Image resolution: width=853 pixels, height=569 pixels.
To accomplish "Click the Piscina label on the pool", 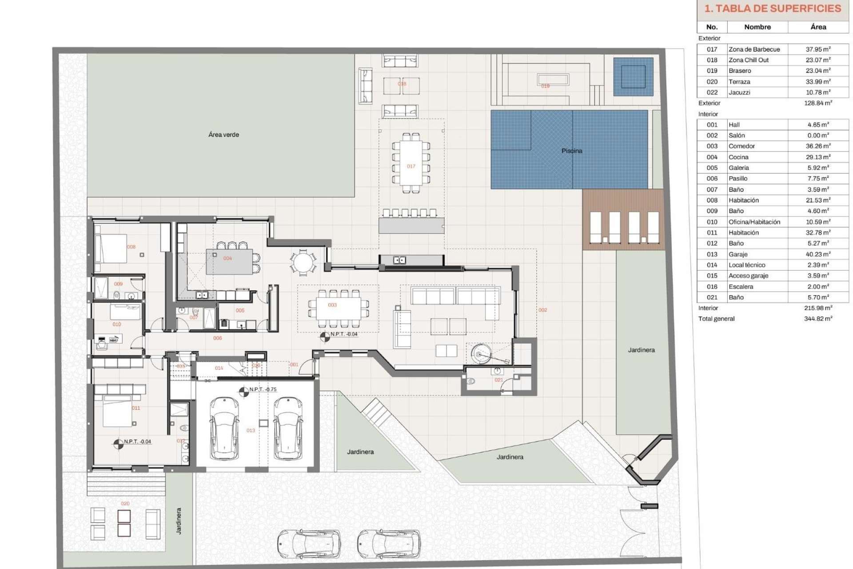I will (571, 151).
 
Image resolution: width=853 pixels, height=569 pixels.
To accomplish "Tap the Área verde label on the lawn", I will (223, 134).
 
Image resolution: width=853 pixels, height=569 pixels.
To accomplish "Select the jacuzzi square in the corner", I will (633, 76).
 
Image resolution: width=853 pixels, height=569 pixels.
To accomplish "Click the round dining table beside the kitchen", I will (303, 262).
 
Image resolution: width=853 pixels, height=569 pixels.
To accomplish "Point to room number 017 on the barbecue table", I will (411, 166).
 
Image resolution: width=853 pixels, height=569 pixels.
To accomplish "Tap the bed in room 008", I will (111, 249).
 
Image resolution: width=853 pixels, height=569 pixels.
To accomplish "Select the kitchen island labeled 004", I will (229, 262).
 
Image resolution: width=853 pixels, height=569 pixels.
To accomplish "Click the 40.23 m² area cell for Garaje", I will (817, 254).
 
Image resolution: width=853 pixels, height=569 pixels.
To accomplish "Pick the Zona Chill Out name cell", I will (749, 60).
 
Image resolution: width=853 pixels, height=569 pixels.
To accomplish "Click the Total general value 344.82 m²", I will (817, 319).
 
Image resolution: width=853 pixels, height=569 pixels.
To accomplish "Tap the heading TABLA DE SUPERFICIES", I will (773, 8).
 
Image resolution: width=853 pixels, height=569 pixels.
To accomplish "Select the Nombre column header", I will (757, 27).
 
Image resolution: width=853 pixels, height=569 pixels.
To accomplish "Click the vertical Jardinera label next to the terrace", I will (179, 521).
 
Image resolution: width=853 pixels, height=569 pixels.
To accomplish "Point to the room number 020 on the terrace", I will (125, 504).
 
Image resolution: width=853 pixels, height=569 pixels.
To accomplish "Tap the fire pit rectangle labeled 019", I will (553, 80).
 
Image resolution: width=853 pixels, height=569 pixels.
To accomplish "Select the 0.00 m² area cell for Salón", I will (817, 136).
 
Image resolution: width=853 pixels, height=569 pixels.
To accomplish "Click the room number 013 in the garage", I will (251, 430).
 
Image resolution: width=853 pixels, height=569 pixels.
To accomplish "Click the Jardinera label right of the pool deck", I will (641, 350).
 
